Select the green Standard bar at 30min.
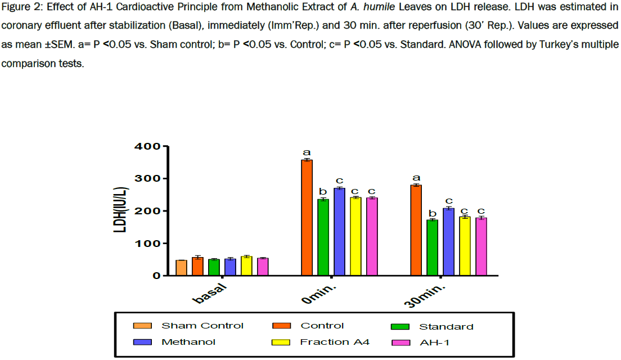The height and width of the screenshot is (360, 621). pyautogui.click(x=432, y=247)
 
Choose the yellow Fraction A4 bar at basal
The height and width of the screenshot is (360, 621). pyautogui.click(x=246, y=266)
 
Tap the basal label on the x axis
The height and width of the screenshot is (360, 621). pyautogui.click(x=210, y=294)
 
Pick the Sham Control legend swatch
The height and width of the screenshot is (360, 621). pyautogui.click(x=142, y=326)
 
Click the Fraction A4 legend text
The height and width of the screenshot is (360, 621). pyautogui.click(x=335, y=342)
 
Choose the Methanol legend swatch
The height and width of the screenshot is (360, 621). pyautogui.click(x=142, y=342)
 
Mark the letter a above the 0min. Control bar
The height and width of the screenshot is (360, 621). pyautogui.click(x=307, y=152)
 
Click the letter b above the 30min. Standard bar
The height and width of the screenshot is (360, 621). pyautogui.click(x=432, y=213)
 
